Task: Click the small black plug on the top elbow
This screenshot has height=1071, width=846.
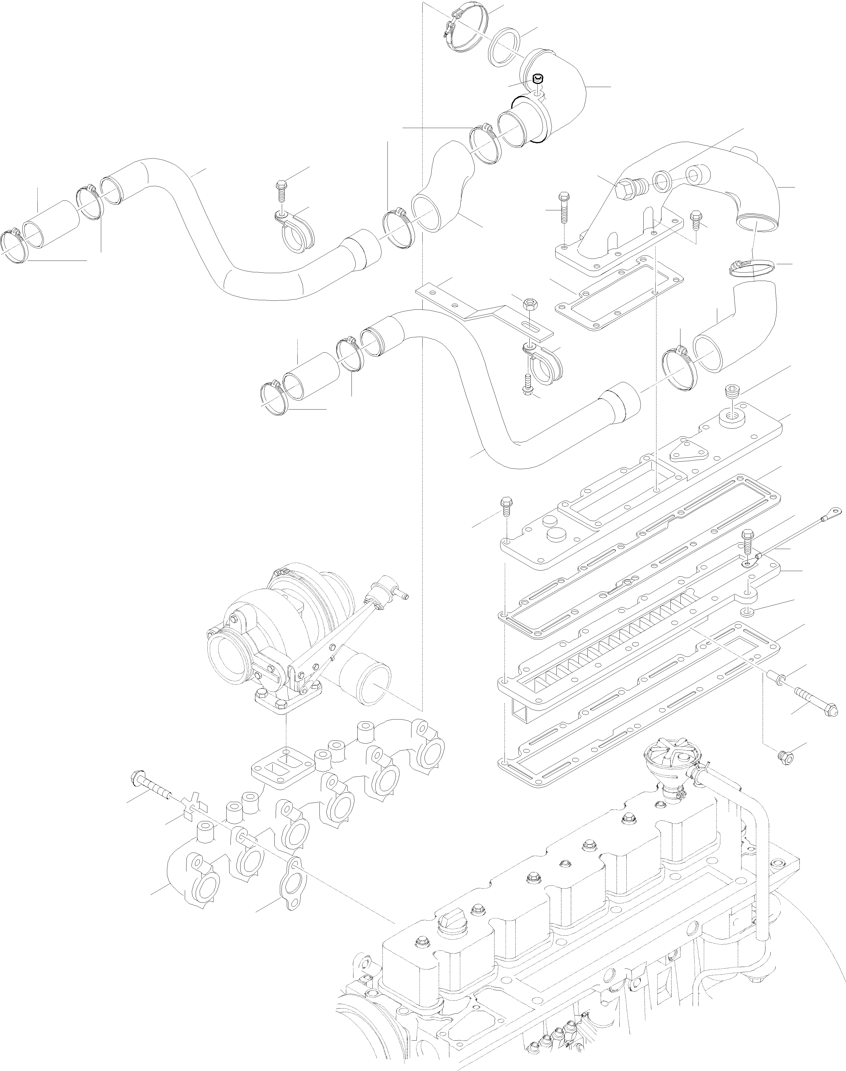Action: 538,79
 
